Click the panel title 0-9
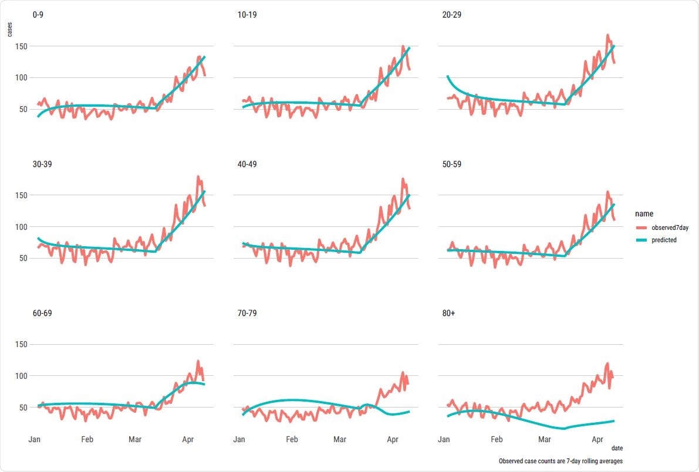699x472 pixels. (38, 15)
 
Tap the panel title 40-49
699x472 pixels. (246, 164)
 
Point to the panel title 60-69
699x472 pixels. (41, 313)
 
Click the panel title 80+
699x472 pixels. (449, 313)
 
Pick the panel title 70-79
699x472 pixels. (246, 313)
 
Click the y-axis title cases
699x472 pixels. (9, 29)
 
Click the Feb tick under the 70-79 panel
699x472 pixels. (292, 439)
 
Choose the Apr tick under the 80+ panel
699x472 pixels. (597, 439)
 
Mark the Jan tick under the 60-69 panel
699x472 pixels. (34, 439)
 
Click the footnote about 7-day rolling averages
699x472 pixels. (560, 461)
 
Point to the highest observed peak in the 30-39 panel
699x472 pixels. (198, 176)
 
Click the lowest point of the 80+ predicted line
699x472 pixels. (563, 429)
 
